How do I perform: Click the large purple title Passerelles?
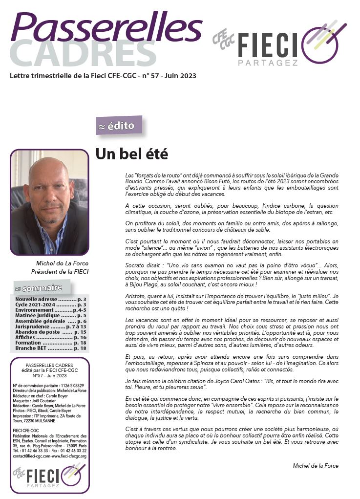pyautogui.click(x=106, y=27)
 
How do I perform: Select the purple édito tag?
pyautogui.click(x=119, y=126)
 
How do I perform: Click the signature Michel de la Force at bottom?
pyautogui.click(x=316, y=466)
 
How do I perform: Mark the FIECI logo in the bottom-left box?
pyautogui.click(x=49, y=474)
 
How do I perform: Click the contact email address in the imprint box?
pyautogui.click(x=32, y=456)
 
